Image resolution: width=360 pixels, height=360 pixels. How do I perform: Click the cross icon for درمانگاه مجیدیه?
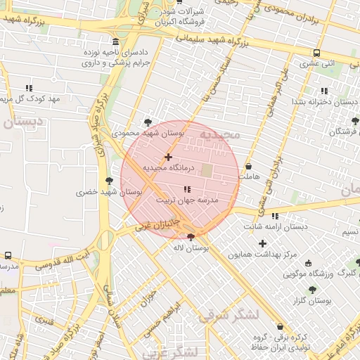coord(168,157)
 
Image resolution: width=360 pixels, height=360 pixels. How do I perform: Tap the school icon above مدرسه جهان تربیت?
coord(187,189)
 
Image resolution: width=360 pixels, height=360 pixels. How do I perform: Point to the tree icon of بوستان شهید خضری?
coord(108,181)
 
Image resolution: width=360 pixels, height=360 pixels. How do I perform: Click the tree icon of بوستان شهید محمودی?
coord(147,122)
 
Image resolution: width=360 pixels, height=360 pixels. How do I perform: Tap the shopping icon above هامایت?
coord(249,167)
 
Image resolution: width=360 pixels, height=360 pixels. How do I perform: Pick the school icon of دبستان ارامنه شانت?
coord(274,216)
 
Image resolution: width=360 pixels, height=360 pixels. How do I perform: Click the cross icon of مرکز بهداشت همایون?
coord(262,243)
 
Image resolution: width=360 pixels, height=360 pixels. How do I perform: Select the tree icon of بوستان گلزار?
coord(312,289)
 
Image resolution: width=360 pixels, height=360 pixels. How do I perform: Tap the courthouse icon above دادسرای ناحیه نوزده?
coord(115,41)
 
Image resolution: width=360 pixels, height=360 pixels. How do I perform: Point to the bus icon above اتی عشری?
coord(317,53)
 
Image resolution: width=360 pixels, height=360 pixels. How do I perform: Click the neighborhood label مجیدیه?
coord(219,134)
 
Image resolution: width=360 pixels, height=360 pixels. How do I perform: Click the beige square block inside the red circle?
coord(207,170)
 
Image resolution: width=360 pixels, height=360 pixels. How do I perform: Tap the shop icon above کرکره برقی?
coord(281,326)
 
